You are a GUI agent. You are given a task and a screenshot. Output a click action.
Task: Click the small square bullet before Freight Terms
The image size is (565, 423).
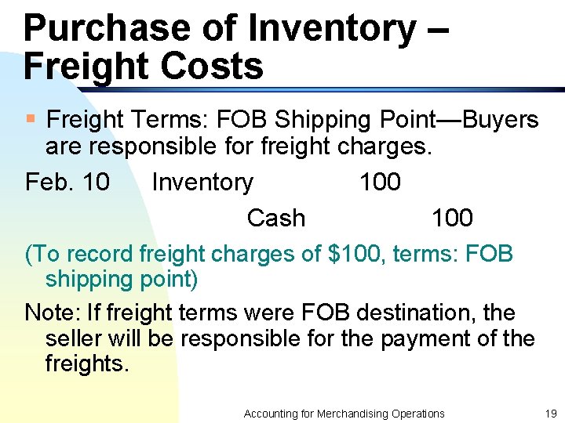[31, 119]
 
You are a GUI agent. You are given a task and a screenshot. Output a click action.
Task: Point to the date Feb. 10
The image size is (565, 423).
[67, 183]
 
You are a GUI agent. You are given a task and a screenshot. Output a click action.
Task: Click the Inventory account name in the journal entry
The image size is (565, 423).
[202, 183]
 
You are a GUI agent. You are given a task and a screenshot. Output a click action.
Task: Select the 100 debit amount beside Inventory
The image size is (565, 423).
[380, 183]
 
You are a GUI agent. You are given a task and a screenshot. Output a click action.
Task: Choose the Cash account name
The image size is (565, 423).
[276, 218]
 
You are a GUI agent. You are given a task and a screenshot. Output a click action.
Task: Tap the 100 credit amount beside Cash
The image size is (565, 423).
[452, 218]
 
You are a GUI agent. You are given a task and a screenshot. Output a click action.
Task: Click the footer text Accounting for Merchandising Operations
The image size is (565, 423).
[344, 414]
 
